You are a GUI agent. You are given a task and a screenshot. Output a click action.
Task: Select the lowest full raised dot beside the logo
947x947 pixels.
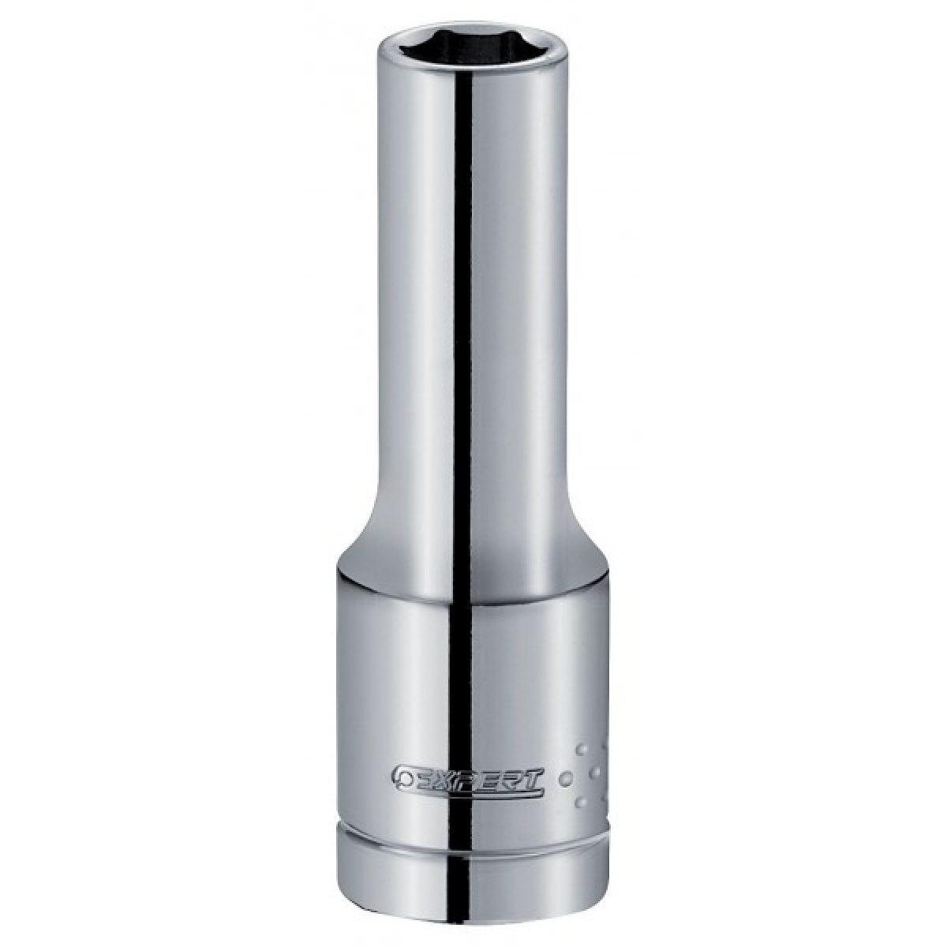[582, 803]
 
